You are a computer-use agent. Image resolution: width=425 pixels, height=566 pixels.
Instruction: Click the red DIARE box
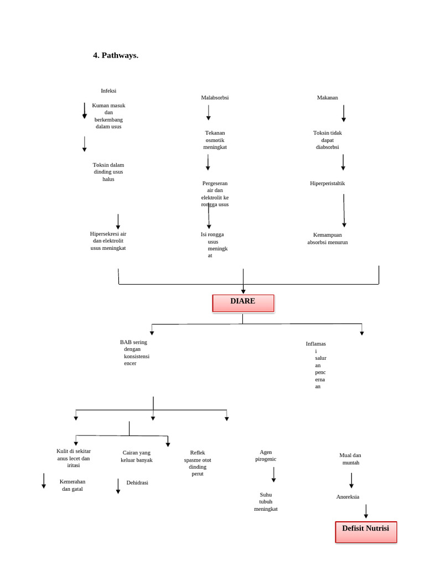(x=243, y=303)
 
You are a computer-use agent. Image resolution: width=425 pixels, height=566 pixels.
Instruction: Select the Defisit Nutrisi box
(x=366, y=531)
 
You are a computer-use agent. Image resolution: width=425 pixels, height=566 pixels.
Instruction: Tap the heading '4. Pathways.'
(x=116, y=55)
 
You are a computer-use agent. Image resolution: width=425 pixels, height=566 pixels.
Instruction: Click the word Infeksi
(x=108, y=91)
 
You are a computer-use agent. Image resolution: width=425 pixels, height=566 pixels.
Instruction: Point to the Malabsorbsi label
(x=215, y=98)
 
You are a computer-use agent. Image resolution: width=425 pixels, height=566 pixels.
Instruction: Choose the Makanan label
(x=328, y=98)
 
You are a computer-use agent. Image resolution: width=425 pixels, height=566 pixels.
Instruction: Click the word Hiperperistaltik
(x=328, y=184)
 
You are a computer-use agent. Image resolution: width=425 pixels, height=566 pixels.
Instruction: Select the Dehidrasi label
(x=137, y=483)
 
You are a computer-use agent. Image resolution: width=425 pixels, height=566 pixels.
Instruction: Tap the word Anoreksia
(x=348, y=497)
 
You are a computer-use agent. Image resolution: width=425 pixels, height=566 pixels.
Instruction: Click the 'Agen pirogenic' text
(x=266, y=455)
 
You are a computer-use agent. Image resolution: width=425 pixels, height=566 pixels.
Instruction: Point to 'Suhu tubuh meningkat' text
(x=266, y=501)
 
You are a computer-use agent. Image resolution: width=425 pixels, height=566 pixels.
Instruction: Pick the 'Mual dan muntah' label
(x=350, y=459)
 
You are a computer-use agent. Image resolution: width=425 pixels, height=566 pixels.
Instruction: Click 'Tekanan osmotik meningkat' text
(x=215, y=140)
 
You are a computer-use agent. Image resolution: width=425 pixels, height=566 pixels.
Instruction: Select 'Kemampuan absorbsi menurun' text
(x=328, y=238)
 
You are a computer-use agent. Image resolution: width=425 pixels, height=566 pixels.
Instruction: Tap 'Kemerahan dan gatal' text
(x=72, y=485)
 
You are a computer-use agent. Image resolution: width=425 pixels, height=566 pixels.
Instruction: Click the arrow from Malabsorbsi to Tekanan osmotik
(x=209, y=113)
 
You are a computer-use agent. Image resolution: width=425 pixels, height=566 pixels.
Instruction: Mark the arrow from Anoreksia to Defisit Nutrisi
(x=366, y=511)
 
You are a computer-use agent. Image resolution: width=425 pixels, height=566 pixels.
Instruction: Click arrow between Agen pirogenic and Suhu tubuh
(x=273, y=474)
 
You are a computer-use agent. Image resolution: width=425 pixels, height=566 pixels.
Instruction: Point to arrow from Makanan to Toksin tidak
(x=344, y=113)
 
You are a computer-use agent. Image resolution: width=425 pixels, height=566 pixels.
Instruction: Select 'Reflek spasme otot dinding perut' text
(x=198, y=463)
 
